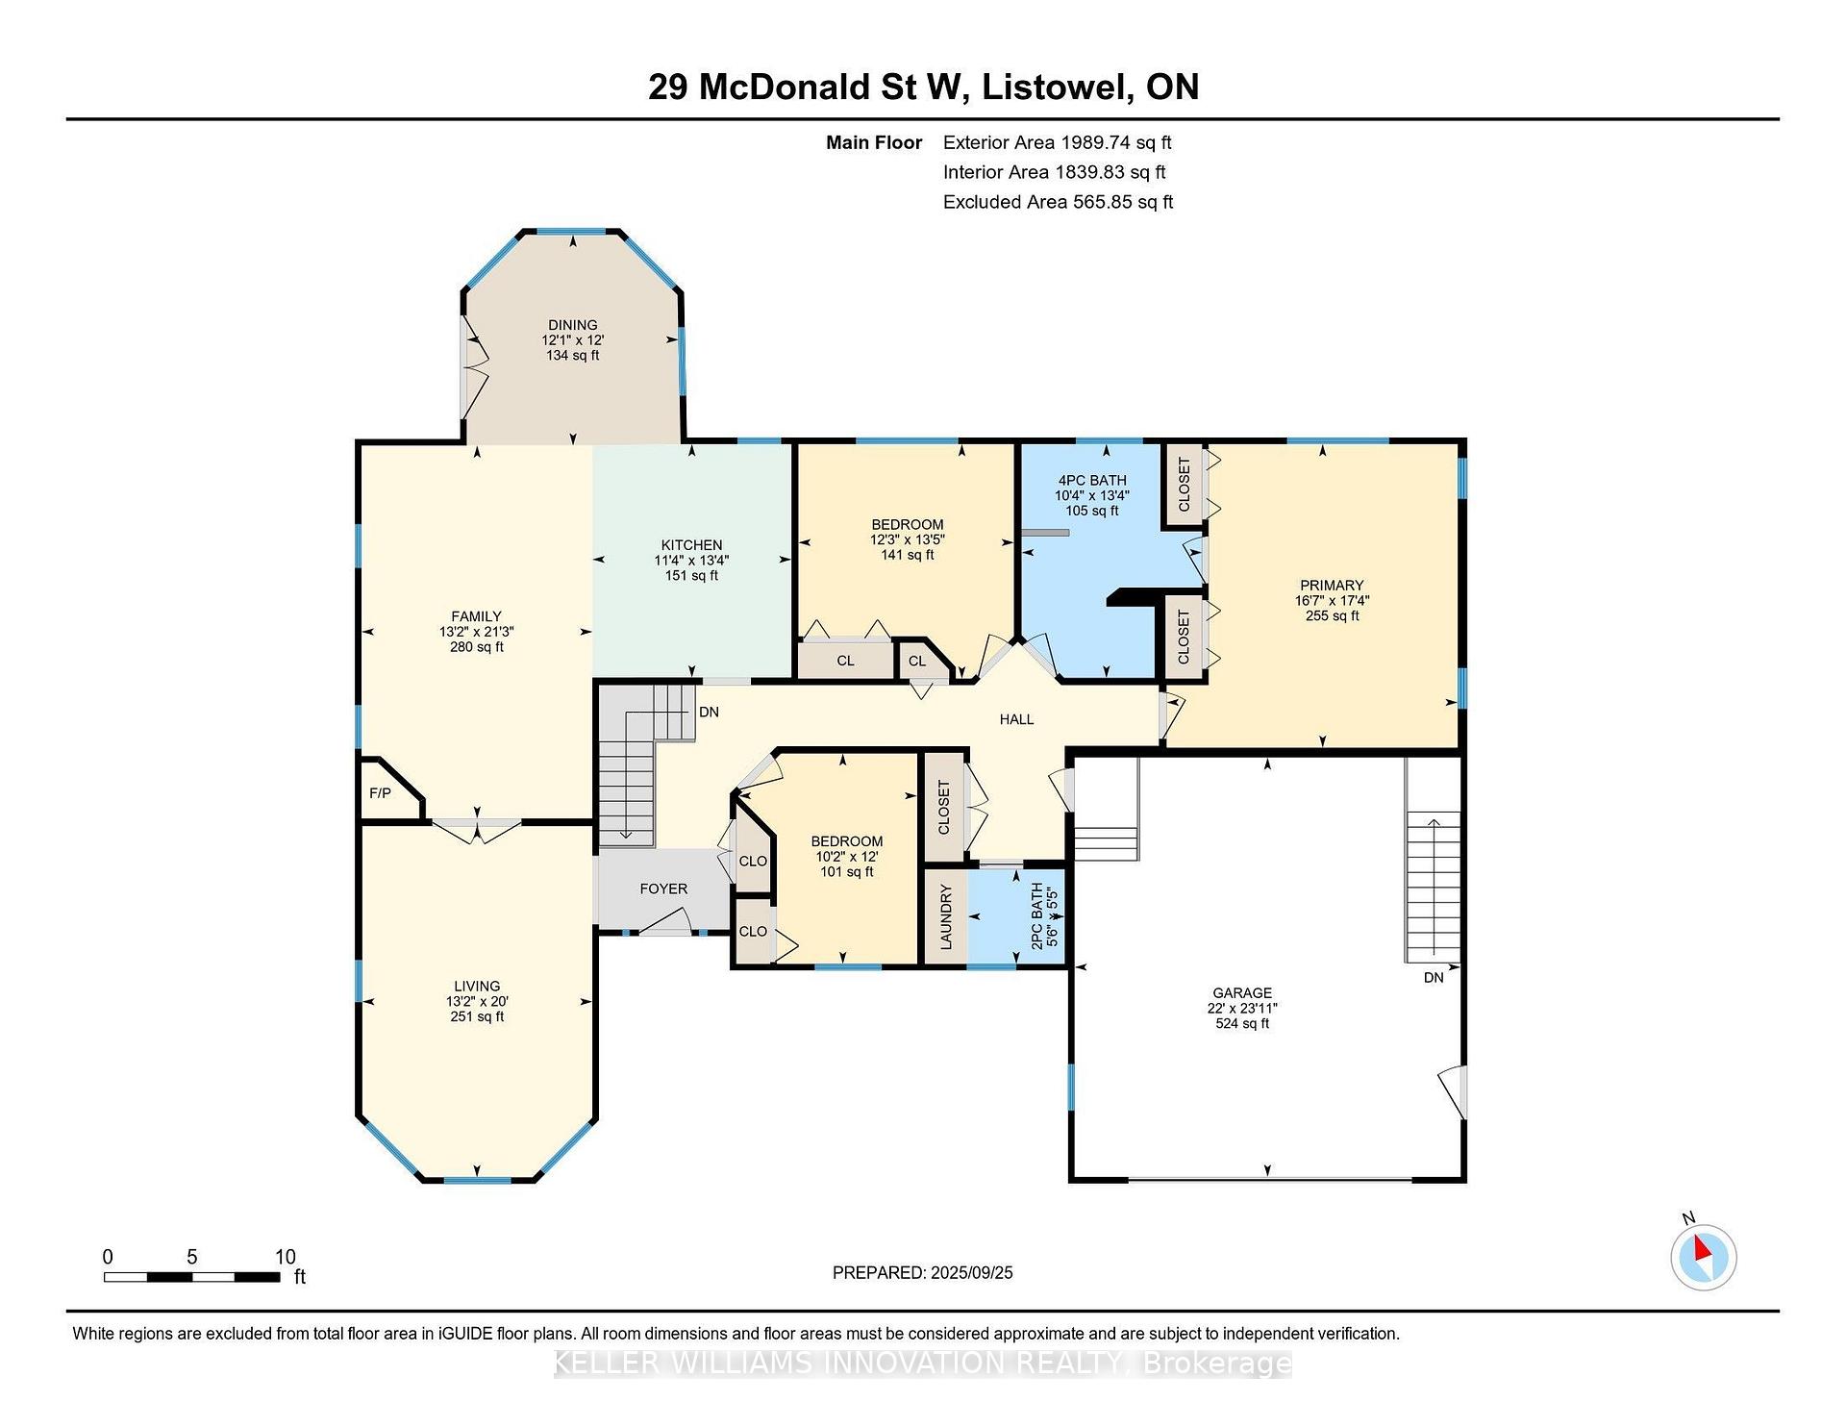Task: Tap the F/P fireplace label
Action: coord(380,793)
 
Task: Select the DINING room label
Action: coord(573,325)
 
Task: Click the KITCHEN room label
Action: coord(691,544)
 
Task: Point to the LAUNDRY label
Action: coord(946,916)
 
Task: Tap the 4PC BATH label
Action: coord(1092,480)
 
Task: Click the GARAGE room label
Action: coord(1242,992)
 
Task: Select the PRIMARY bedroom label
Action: coord(1332,585)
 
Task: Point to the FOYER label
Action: coord(663,889)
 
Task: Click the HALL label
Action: coord(1016,719)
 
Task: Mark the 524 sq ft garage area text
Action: coord(1242,1023)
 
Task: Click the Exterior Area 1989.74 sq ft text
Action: coord(1057,142)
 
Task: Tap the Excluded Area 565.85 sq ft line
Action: coord(1058,202)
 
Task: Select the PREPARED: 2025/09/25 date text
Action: coord(922,1272)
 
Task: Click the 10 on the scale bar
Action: coord(286,1257)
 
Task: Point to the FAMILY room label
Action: coord(477,616)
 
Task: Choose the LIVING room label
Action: coord(477,986)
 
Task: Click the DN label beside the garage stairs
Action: coord(1434,977)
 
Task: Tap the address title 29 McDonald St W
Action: coord(804,88)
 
